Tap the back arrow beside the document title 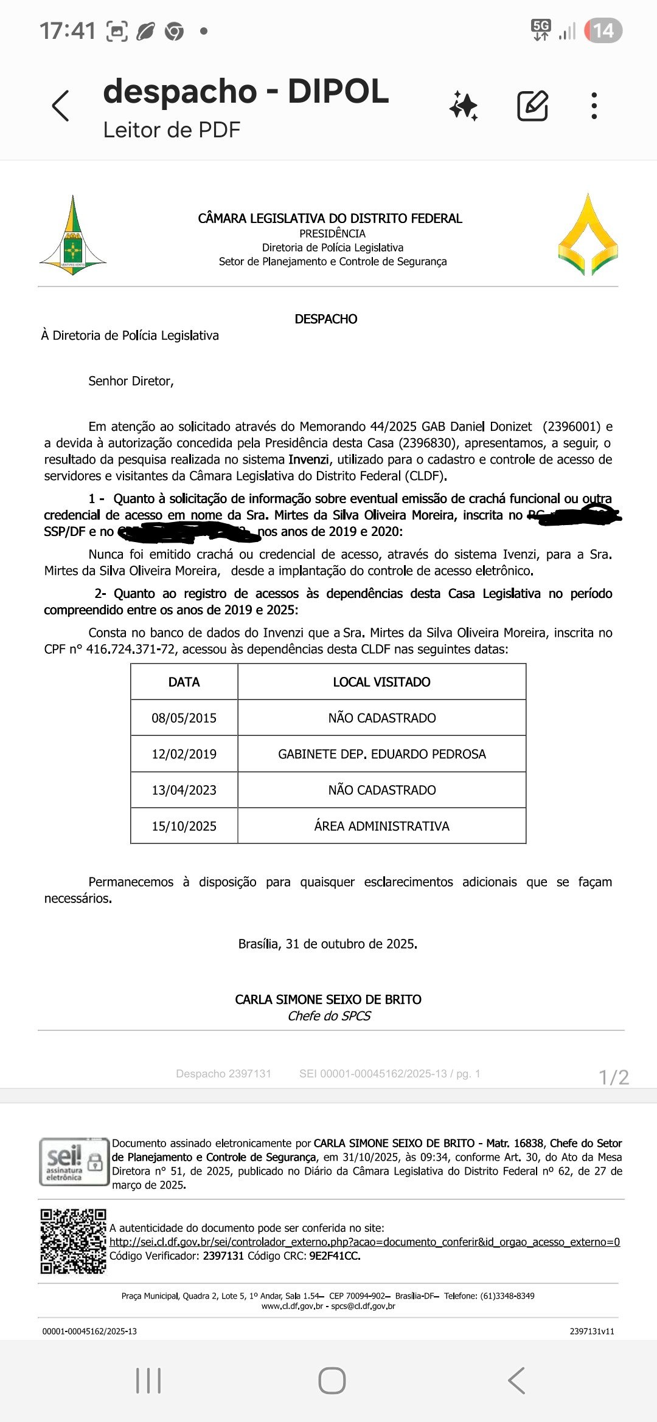pos(60,106)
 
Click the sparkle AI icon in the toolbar pos(464,106)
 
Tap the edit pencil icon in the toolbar pos(532,106)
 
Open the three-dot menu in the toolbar pos(594,106)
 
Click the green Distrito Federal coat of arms pos(73,236)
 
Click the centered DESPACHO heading pos(326,319)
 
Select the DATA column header pos(184,682)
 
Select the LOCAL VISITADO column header pos(381,682)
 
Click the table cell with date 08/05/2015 pos(184,718)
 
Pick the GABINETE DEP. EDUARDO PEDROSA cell pos(381,754)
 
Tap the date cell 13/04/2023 pos(184,790)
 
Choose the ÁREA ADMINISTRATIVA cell pos(381,826)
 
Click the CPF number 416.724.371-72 pos(130,649)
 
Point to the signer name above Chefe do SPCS pos(328,1000)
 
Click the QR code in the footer pos(73,1242)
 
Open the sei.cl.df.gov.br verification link pos(364,1242)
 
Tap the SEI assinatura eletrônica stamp pos(73,1161)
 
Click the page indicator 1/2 pos(613,1077)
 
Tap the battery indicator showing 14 pos(603,30)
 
